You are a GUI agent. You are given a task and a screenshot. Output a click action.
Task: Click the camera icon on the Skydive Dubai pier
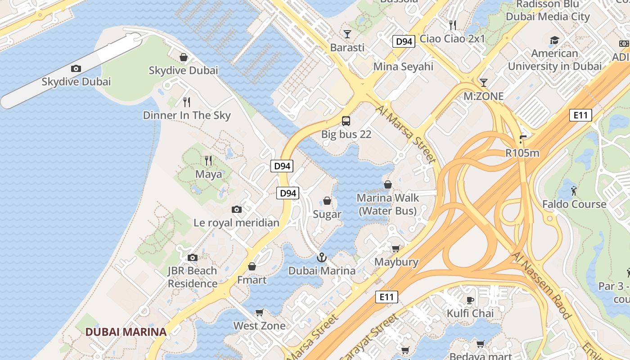tap(76, 68)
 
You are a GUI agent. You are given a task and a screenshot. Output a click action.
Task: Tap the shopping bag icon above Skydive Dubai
tap(184, 57)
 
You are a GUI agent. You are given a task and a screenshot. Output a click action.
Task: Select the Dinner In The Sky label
tap(187, 115)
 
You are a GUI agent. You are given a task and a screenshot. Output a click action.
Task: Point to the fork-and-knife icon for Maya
tap(208, 160)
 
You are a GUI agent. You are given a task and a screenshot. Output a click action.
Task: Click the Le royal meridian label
tap(236, 223)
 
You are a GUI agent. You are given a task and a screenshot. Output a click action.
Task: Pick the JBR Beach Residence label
tap(193, 277)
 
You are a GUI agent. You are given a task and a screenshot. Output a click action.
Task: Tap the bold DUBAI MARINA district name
tap(126, 332)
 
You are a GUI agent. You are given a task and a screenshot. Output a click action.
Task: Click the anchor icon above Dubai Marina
tap(321, 257)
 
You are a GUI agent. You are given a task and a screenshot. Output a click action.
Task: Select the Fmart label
tap(252, 280)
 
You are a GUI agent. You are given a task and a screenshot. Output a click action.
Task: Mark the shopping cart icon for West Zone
tap(259, 312)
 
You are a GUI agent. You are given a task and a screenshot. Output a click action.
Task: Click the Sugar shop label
tap(327, 214)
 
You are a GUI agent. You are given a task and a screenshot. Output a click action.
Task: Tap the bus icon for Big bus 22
tap(346, 121)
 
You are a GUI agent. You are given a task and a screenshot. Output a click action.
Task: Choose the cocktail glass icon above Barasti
tap(347, 34)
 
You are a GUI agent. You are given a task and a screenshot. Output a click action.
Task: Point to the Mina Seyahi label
tap(403, 67)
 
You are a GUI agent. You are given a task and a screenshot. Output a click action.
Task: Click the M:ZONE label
tap(483, 96)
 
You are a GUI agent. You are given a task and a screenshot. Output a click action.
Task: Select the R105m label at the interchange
tap(522, 153)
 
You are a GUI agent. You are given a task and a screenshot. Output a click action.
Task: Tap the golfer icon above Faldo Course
tap(574, 191)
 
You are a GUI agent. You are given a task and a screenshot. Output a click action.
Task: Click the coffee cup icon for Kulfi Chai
tap(470, 300)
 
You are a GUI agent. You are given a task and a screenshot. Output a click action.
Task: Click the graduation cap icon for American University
tap(554, 40)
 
